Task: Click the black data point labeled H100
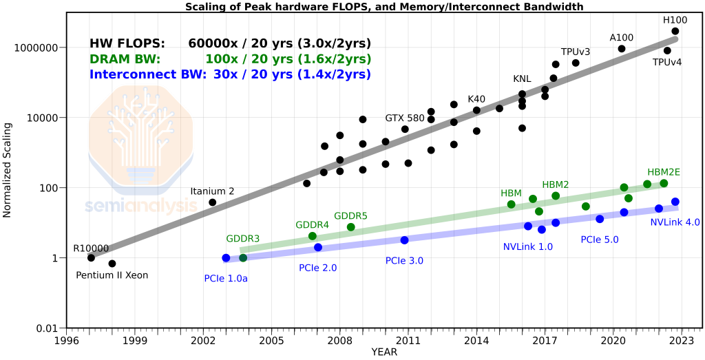click(x=675, y=31)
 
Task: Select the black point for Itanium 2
click(x=213, y=202)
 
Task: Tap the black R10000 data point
click(x=91, y=257)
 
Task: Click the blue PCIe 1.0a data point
click(x=226, y=258)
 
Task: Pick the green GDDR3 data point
click(x=243, y=257)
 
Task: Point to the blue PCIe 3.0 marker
click(x=404, y=240)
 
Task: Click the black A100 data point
click(x=622, y=49)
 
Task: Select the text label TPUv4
click(x=666, y=63)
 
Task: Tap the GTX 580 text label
click(x=405, y=118)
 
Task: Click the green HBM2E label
click(x=664, y=172)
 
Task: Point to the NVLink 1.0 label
click(x=528, y=246)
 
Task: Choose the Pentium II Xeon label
click(x=112, y=275)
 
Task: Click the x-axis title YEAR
click(x=384, y=352)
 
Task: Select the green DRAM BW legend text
click(x=125, y=59)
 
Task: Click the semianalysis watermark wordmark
click(x=140, y=206)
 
